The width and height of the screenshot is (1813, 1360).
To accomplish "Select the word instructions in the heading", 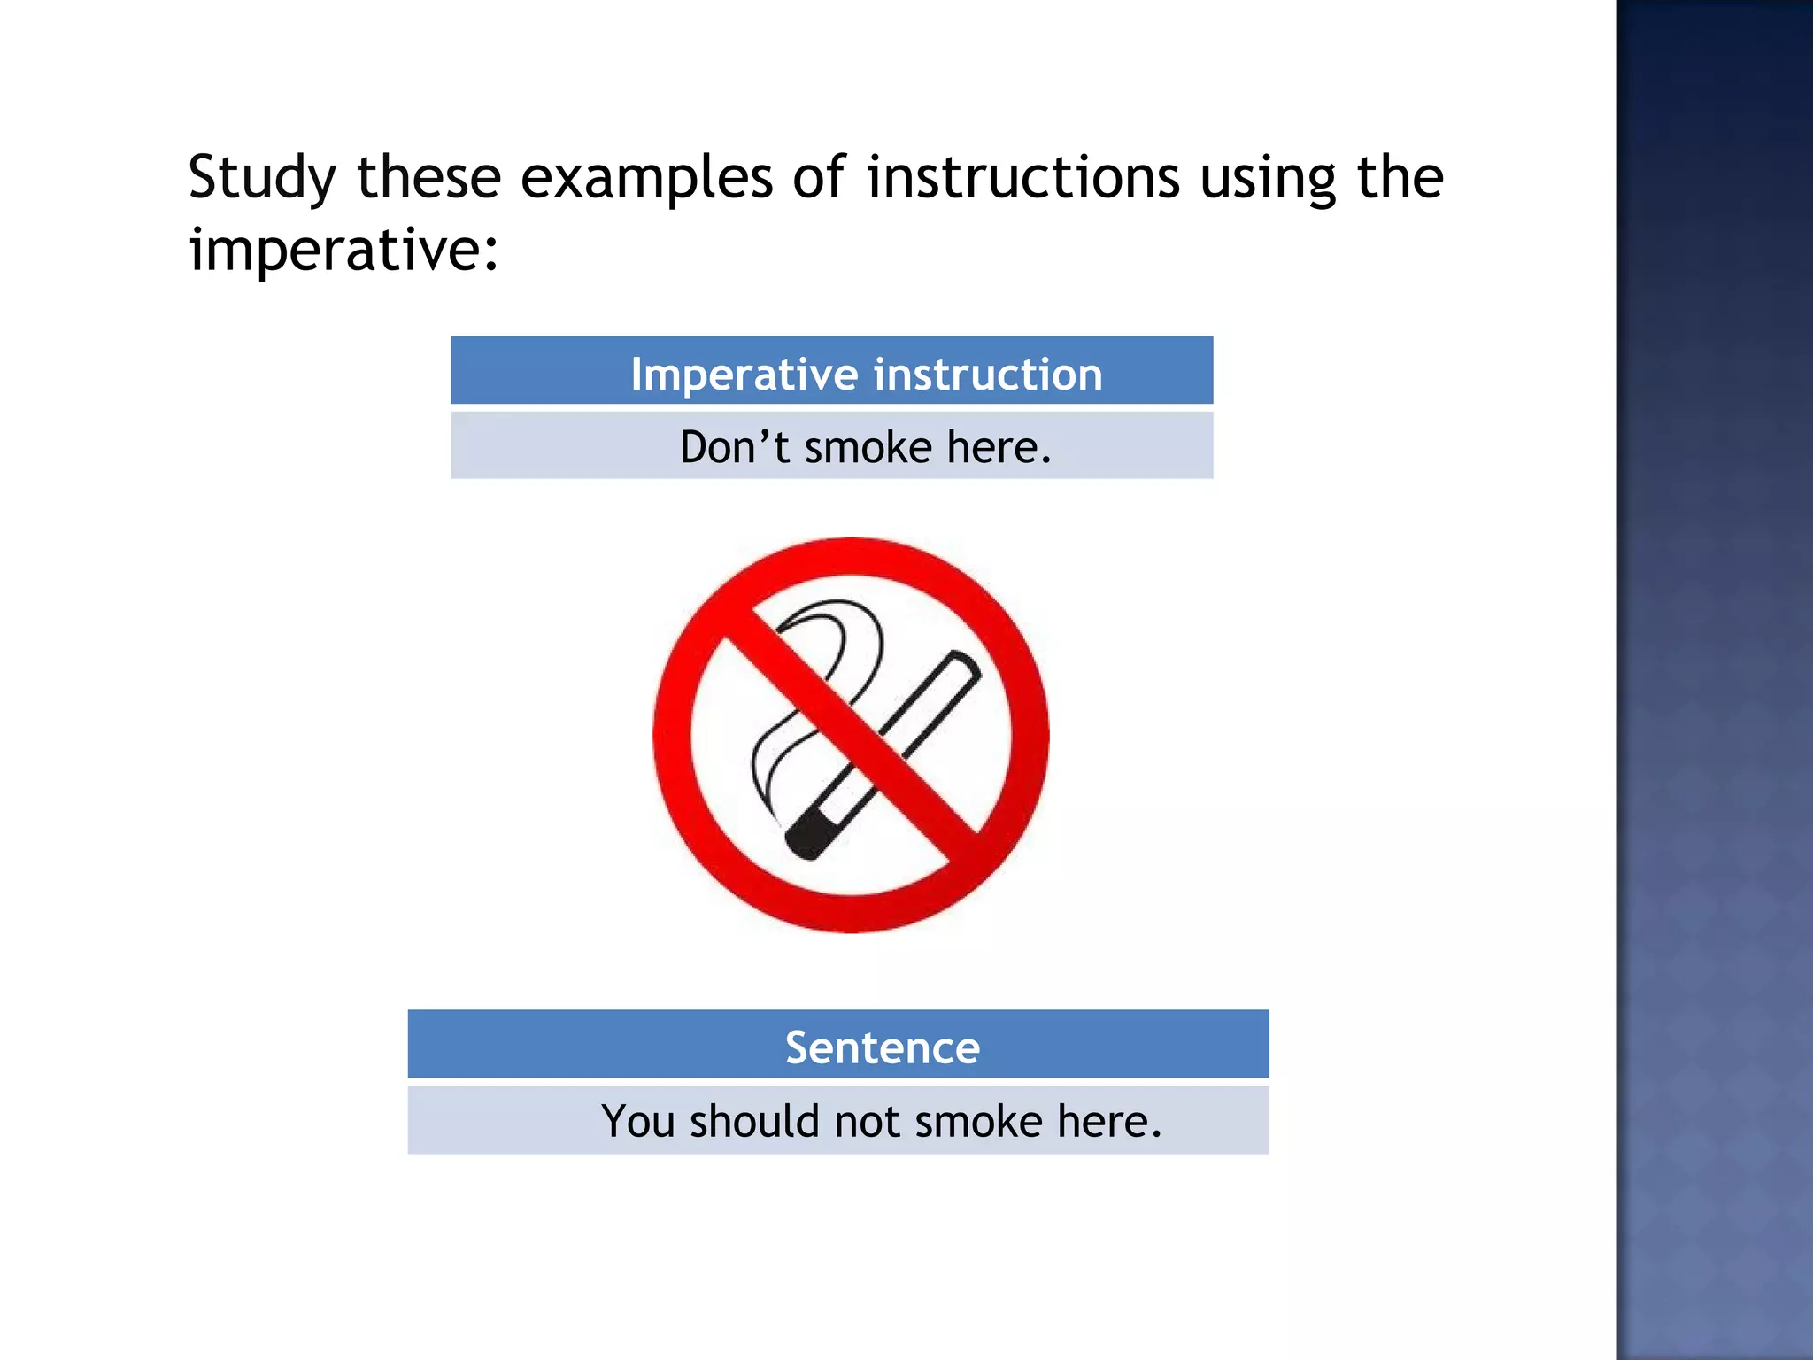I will [1022, 177].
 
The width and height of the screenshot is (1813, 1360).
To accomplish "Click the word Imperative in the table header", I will [744, 375].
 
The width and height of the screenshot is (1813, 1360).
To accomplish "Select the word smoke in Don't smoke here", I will [868, 447].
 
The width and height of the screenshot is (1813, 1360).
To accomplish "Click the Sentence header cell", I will [882, 1047].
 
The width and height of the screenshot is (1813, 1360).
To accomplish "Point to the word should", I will [754, 1122].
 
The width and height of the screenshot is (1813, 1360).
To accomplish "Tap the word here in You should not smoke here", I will [1108, 1122].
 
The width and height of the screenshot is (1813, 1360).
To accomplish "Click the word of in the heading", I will [819, 177].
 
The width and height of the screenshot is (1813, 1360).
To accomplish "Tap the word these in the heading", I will [428, 178].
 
